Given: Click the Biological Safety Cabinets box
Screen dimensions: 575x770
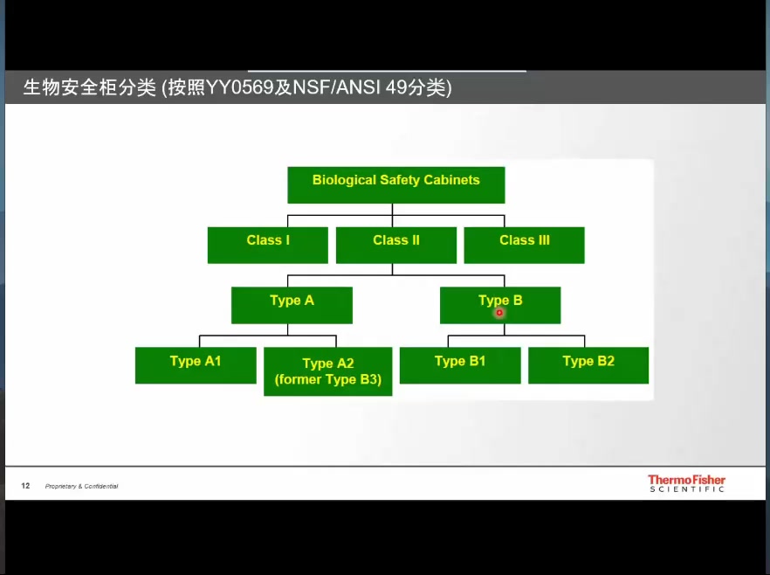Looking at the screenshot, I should [395, 184].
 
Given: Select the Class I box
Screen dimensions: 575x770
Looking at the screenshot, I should [267, 245].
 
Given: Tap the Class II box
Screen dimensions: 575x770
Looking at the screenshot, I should [395, 245].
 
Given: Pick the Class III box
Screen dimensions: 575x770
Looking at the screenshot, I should [524, 245].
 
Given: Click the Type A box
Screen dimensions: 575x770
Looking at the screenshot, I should [292, 305].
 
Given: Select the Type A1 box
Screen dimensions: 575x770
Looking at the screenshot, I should [196, 365].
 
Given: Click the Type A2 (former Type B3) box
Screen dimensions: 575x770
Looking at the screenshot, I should [328, 371].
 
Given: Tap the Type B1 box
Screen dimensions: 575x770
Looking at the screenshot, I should [460, 365].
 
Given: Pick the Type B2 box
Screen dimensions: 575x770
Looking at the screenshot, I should [588, 365].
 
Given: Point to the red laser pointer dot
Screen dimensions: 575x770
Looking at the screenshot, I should [499, 312].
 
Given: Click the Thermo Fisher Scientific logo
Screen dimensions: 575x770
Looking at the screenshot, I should [686, 483].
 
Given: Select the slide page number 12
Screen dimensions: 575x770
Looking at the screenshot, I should [25, 486].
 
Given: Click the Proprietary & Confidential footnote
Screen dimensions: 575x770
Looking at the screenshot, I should [81, 487].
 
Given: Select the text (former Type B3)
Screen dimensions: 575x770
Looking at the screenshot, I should [328, 380].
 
